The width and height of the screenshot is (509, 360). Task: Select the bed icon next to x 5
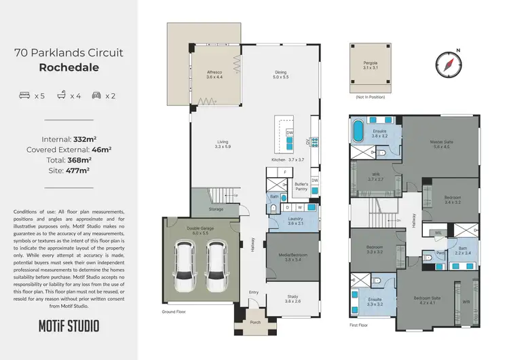click(x=24, y=96)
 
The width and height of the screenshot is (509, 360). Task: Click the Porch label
click(x=256, y=323)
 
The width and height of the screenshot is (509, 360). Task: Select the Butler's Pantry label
click(x=302, y=187)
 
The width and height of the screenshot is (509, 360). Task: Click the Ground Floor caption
click(x=174, y=311)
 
